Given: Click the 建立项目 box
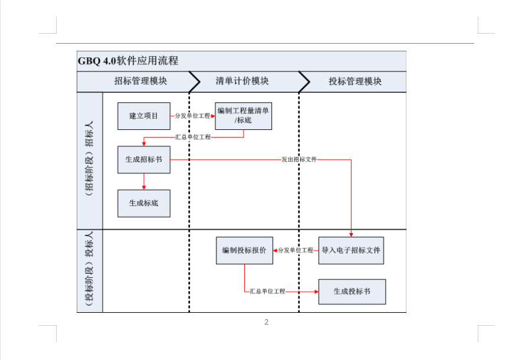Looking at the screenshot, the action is click(144, 116).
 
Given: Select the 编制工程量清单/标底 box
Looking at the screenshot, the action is click(243, 116).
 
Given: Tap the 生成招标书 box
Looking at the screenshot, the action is click(144, 160).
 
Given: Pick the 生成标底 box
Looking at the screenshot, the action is click(144, 203).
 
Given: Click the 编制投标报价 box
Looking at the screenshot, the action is click(244, 251).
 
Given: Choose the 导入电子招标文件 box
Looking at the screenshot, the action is click(351, 251).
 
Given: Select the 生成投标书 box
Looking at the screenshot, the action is click(352, 292).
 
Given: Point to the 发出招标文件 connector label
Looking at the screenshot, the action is click(299, 159).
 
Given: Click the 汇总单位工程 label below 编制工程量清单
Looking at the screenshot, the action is click(193, 137).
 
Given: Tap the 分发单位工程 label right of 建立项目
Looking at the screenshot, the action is click(193, 116).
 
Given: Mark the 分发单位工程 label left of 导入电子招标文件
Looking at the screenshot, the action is click(296, 250).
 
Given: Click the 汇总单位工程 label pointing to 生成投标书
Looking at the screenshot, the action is click(267, 291).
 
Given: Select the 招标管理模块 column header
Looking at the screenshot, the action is click(140, 81).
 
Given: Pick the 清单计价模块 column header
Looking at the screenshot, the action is click(242, 81).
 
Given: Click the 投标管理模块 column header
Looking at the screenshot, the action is click(355, 81).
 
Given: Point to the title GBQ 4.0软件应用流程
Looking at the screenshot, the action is click(128, 61).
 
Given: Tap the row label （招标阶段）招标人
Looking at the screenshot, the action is click(89, 159).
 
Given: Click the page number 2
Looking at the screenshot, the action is click(267, 322).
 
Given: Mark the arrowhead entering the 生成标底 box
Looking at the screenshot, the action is click(144, 188).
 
